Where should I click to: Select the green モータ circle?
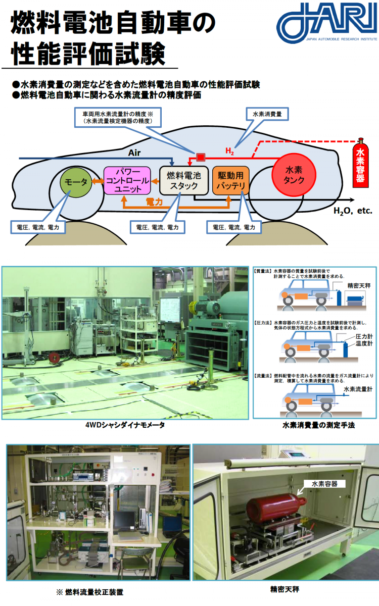(x=74, y=182)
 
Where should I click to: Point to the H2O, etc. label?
(x=352, y=210)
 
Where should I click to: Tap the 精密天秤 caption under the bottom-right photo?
(x=286, y=589)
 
